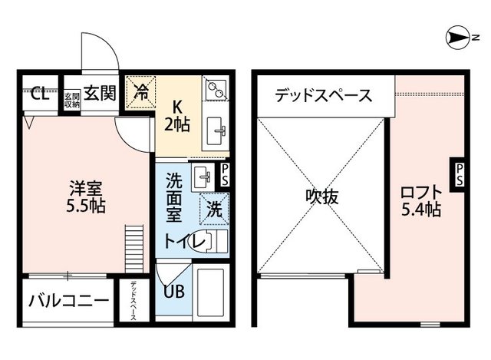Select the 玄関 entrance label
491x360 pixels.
tap(100, 94)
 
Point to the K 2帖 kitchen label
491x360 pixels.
tap(178, 114)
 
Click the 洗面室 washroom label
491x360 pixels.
tap(176, 196)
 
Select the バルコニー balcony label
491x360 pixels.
tap(69, 300)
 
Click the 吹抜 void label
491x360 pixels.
tap(320, 197)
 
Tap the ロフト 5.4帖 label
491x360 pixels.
tap(420, 200)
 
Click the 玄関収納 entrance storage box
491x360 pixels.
tap(71, 100)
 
